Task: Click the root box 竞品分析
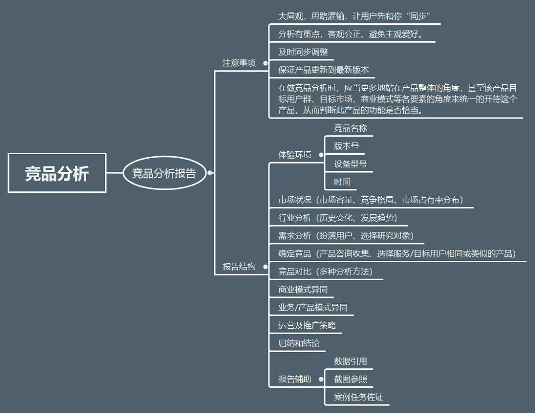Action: [57, 173]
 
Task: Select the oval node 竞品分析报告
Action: [164, 173]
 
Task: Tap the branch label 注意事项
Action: [239, 63]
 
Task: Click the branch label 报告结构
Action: [239, 266]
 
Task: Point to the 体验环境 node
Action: [295, 155]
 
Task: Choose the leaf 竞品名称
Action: [350, 128]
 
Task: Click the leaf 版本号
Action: [346, 146]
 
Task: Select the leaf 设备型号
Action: [350, 164]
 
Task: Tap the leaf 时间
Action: [342, 181]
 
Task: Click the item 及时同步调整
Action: [303, 52]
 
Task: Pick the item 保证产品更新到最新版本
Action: [323, 70]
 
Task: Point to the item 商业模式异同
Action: [303, 289]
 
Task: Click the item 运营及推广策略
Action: [307, 325]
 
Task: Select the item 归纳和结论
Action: [299, 343]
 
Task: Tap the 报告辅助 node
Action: [295, 379]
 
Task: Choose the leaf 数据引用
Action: [350, 361]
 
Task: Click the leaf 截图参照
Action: [350, 379]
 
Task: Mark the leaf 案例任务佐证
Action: [359, 397]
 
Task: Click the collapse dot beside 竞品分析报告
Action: [210, 173]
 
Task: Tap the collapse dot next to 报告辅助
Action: [321, 379]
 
